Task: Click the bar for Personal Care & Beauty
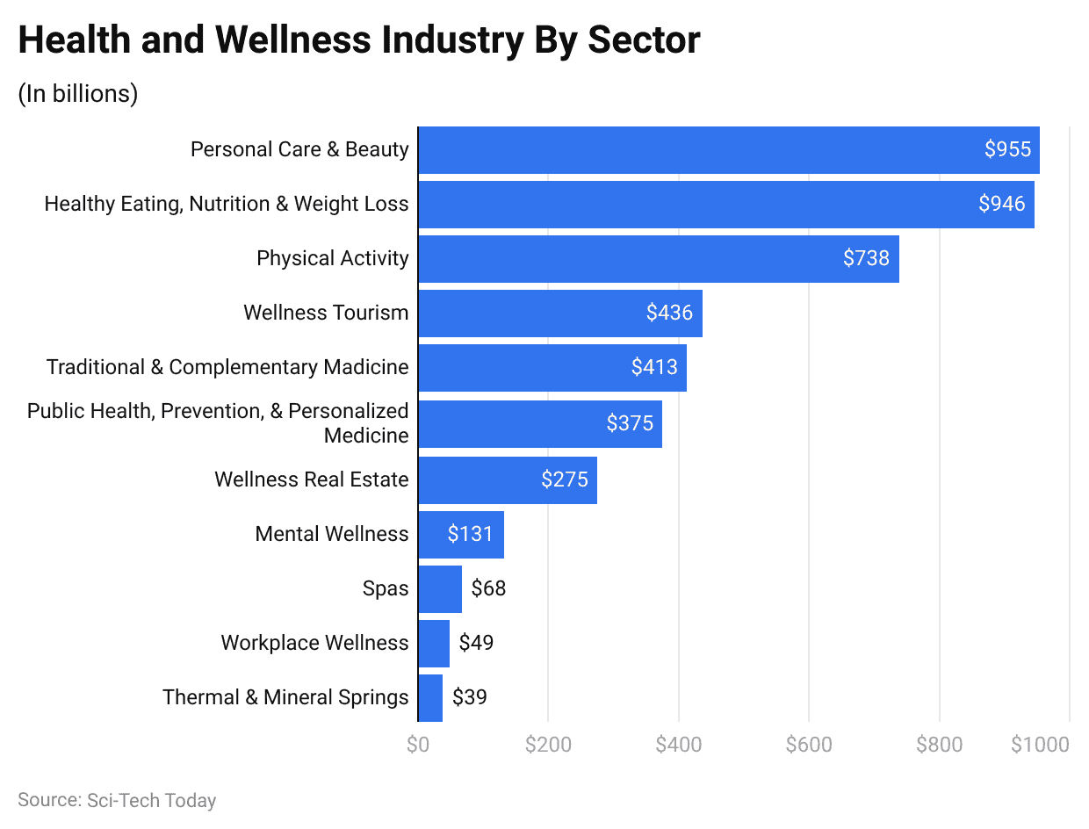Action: point(703,150)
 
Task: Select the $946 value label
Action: point(1002,204)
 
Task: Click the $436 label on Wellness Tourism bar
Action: point(669,313)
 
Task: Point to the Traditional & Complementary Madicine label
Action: point(227,367)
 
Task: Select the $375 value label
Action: point(630,423)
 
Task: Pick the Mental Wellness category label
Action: point(331,534)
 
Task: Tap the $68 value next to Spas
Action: point(488,588)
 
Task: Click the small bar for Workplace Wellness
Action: point(434,643)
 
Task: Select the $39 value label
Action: point(469,697)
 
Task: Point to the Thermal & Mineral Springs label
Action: point(285,697)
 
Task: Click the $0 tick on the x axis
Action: point(418,745)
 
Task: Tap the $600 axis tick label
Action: point(809,745)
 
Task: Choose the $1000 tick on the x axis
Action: point(1040,745)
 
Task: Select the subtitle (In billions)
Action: point(78,94)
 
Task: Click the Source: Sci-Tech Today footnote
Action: point(117,800)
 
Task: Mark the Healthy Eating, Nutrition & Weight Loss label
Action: point(227,204)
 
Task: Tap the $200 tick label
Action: point(548,745)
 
